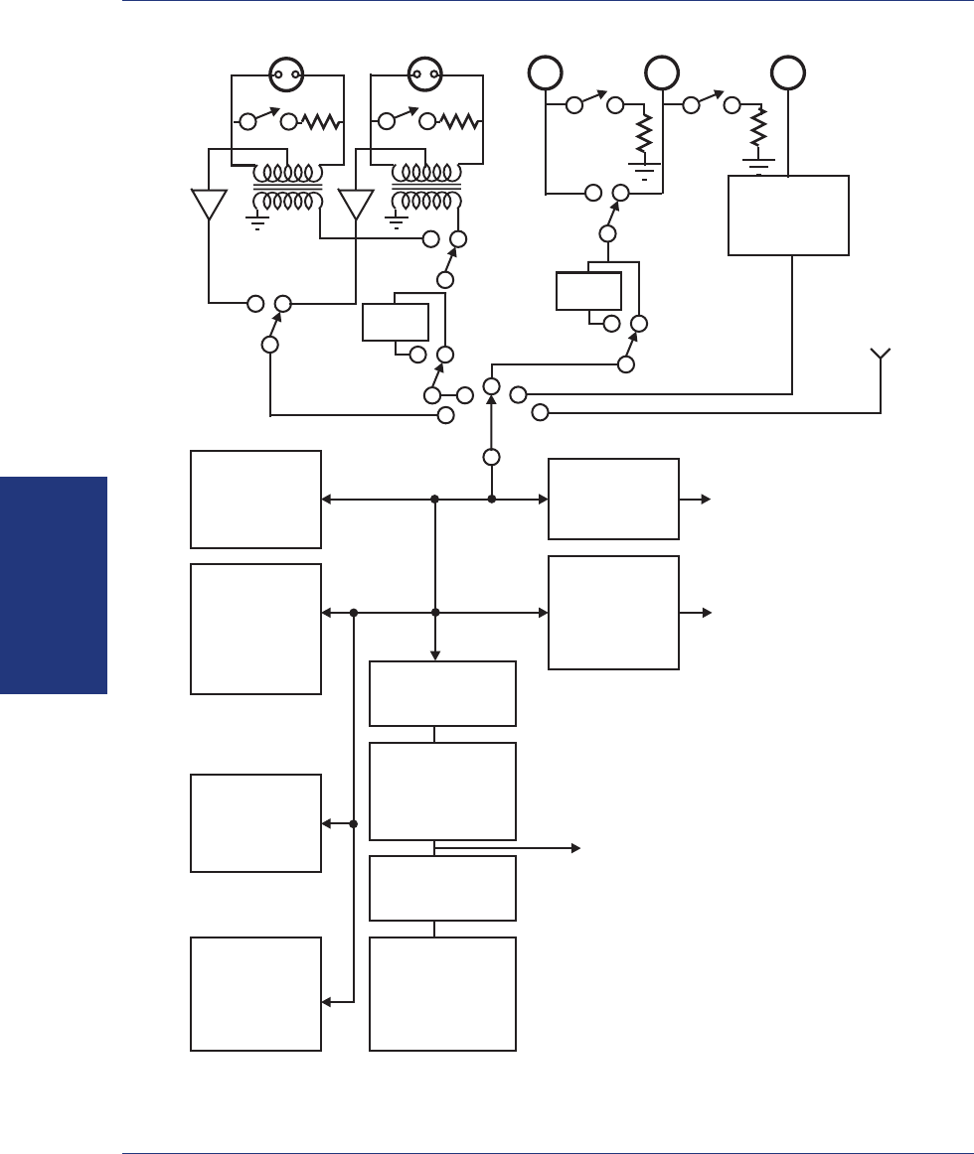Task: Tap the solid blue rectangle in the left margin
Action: pyautogui.click(x=54, y=585)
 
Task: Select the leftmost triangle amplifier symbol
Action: pyautogui.click(x=209, y=205)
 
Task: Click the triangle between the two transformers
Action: pyautogui.click(x=355, y=205)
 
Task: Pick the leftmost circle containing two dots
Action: pyautogui.click(x=287, y=72)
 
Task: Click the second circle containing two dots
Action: pyautogui.click(x=425, y=72)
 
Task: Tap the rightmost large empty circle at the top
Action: pyautogui.click(x=789, y=72)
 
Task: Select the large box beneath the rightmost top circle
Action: pyautogui.click(x=789, y=216)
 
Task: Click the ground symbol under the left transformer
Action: pyautogui.click(x=257, y=222)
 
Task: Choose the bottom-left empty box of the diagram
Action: pyautogui.click(x=255, y=993)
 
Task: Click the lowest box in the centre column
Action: pyautogui.click(x=442, y=993)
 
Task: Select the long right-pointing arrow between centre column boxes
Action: pyautogui.click(x=507, y=848)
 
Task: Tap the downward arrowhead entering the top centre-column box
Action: pyautogui.click(x=435, y=654)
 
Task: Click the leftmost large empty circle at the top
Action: pyautogui.click(x=545, y=72)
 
